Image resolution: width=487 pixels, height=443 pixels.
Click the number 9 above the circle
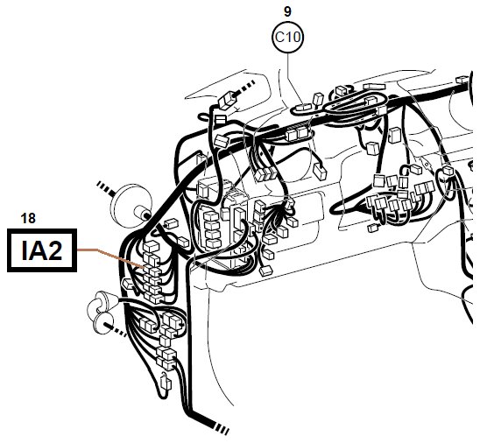click(x=287, y=11)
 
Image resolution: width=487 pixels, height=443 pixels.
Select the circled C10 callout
click(x=287, y=37)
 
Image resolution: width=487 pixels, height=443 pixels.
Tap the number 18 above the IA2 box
click(x=28, y=218)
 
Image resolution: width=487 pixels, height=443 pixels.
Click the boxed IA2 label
click(x=42, y=250)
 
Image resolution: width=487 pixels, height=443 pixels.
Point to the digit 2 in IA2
click(x=55, y=250)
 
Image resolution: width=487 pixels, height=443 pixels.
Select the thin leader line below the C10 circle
click(x=292, y=79)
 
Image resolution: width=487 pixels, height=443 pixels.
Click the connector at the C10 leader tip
click(x=303, y=108)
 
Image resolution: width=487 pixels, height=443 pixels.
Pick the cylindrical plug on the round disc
click(x=143, y=214)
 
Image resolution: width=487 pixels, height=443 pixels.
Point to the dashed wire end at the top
click(x=245, y=88)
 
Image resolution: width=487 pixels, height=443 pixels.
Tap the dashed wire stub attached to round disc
click(x=104, y=189)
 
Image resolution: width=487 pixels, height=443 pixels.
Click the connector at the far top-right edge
click(x=462, y=80)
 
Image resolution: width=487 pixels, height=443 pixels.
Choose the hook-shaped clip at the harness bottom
click(x=166, y=383)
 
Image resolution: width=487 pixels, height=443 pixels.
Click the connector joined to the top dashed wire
click(x=228, y=101)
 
